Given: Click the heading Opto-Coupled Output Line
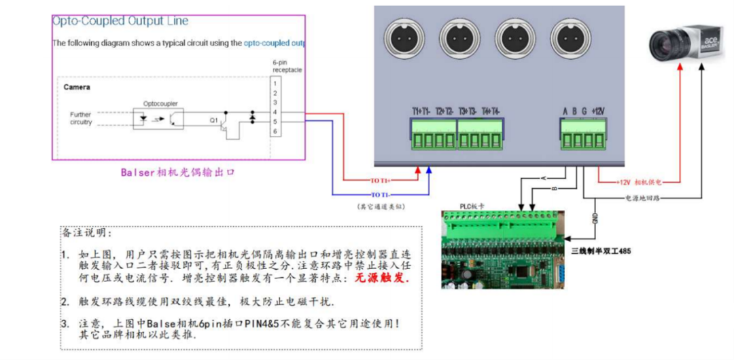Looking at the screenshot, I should tap(120, 22).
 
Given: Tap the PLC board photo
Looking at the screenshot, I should tap(503, 249).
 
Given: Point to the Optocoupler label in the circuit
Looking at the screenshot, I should tap(160, 104).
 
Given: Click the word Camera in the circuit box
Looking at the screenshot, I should tap(77, 88).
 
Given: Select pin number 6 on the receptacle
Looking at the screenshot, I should tap(275, 130).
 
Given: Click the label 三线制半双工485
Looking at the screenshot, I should tap(601, 251).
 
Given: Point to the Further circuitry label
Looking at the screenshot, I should tap(80, 118).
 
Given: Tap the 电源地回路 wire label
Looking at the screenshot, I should tap(643, 198).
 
